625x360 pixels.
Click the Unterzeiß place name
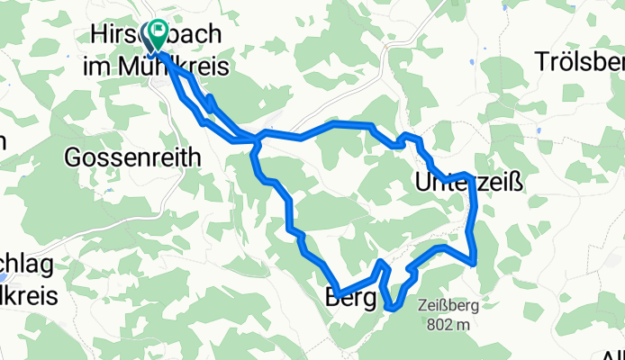tap(468, 183)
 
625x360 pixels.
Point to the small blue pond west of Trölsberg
tap(538, 131)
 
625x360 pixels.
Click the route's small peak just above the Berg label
tap(383, 262)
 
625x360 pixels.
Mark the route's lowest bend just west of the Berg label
tap(334, 290)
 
